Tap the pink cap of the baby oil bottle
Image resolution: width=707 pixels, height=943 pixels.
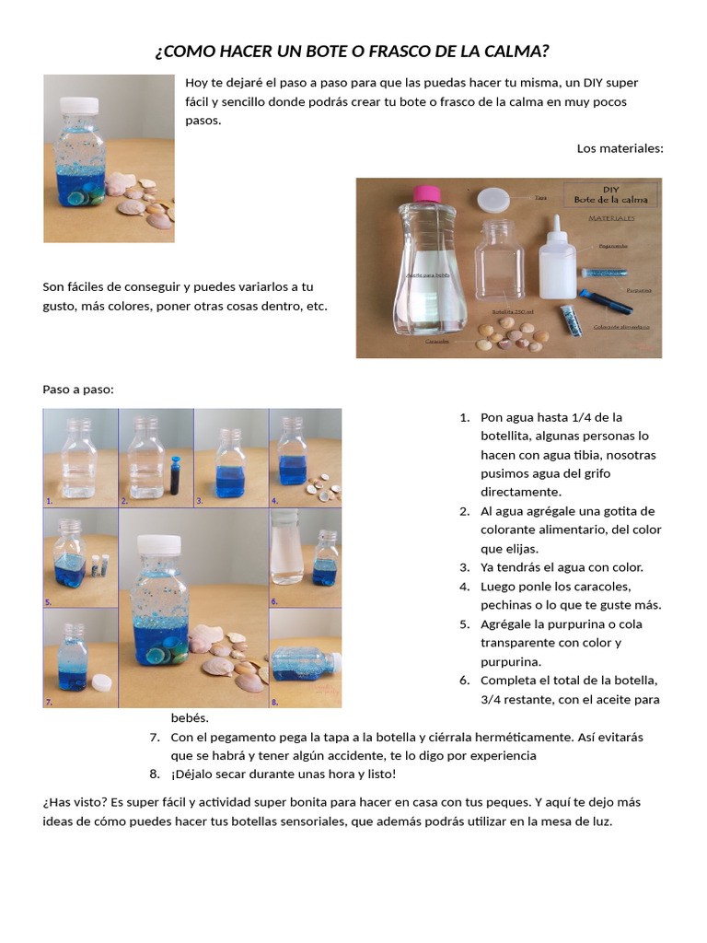click(426, 194)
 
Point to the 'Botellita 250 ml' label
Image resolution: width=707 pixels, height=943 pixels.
click(514, 312)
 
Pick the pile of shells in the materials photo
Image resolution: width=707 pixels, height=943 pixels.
click(512, 336)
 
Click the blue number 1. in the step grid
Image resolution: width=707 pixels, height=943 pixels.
click(49, 501)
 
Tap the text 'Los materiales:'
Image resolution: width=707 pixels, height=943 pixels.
click(620, 148)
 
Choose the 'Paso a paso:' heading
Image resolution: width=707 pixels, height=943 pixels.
click(78, 390)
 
